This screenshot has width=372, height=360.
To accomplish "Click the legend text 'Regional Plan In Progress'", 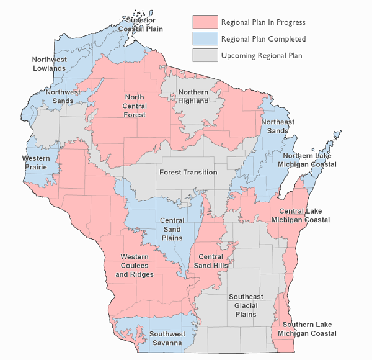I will point(263,22).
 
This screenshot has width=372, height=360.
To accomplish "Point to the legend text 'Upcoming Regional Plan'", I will point(261,56).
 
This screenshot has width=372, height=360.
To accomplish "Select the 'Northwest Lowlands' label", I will point(49,63).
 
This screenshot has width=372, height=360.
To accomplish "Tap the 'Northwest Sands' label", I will point(63,96).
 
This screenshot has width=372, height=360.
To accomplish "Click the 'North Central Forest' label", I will point(135,106).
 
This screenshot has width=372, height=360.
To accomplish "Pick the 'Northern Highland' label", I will point(193,96).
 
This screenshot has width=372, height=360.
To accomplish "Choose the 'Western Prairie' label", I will point(36,163).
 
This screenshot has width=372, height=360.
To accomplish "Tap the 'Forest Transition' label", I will point(188,172).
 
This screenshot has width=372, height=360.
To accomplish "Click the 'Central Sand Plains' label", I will point(172,229).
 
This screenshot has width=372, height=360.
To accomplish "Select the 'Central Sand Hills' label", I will point(211,261).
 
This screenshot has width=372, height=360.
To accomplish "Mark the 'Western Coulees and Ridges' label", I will point(135,265).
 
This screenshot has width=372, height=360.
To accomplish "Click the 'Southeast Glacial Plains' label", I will point(246,305).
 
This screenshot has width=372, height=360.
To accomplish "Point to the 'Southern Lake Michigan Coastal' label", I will point(307,329).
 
